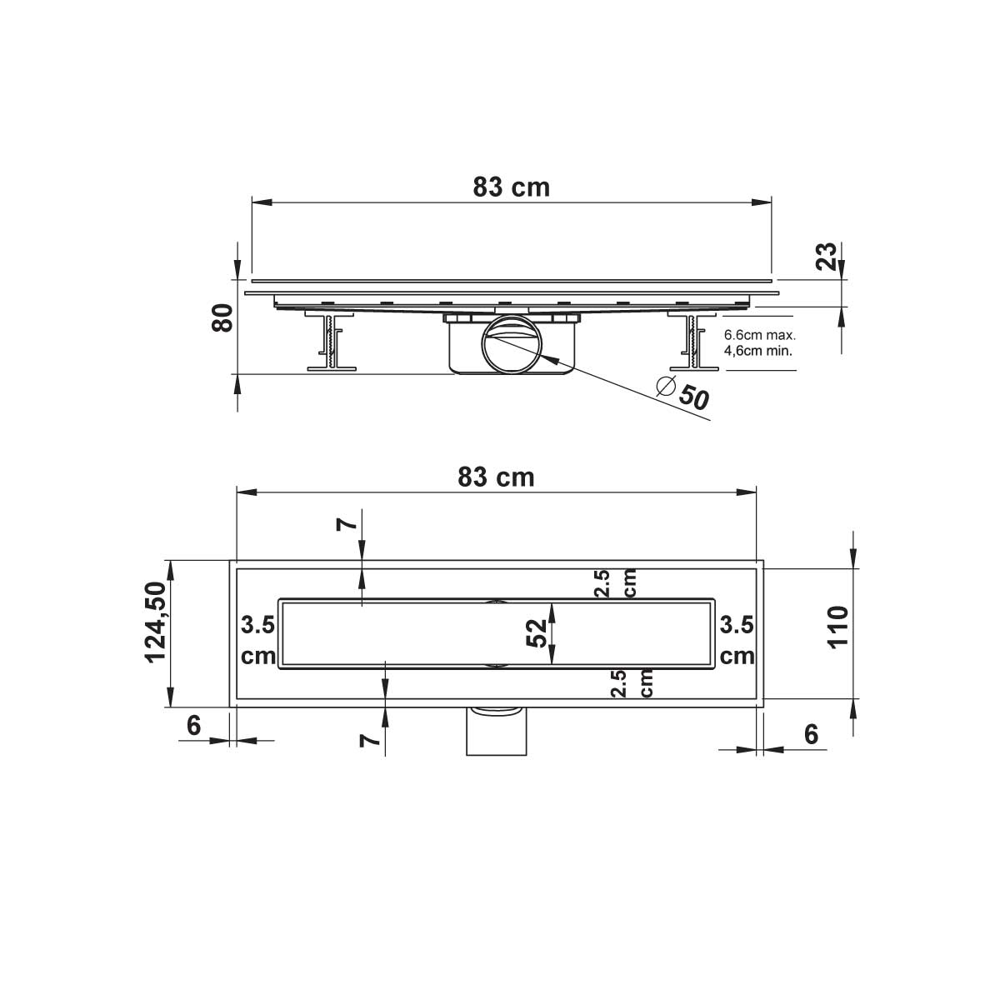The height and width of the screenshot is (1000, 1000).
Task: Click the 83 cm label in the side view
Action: pos(511,187)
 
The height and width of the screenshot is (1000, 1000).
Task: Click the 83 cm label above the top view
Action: pos(496,477)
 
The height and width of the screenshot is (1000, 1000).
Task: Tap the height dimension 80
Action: pos(222,318)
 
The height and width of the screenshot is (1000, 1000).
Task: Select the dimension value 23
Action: pos(827,257)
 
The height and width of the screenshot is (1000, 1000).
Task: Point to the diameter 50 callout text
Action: pos(683,393)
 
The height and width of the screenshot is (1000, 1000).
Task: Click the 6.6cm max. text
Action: pos(760,335)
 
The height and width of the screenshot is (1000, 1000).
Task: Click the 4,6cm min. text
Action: pos(758,350)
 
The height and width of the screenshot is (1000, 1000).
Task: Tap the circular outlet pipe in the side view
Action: pos(512,343)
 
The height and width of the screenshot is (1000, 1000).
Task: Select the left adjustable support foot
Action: pos(331,342)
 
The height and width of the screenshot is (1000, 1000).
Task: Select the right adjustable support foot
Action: pos(692,342)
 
